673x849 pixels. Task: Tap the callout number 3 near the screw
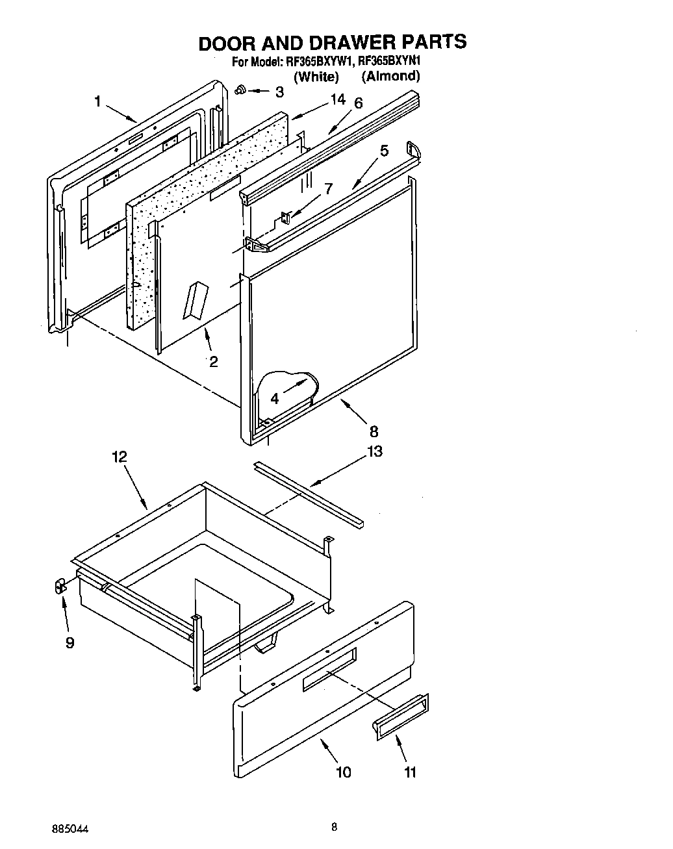[x=279, y=92]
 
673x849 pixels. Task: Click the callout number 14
[x=337, y=99]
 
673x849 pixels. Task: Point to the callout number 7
[x=329, y=189]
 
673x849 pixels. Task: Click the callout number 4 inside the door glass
[x=275, y=398]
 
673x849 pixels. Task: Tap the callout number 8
[x=374, y=431]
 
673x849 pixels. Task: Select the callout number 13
[x=375, y=451]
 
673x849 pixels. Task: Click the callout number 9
[x=70, y=642]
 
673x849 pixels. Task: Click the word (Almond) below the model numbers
[x=390, y=76]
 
